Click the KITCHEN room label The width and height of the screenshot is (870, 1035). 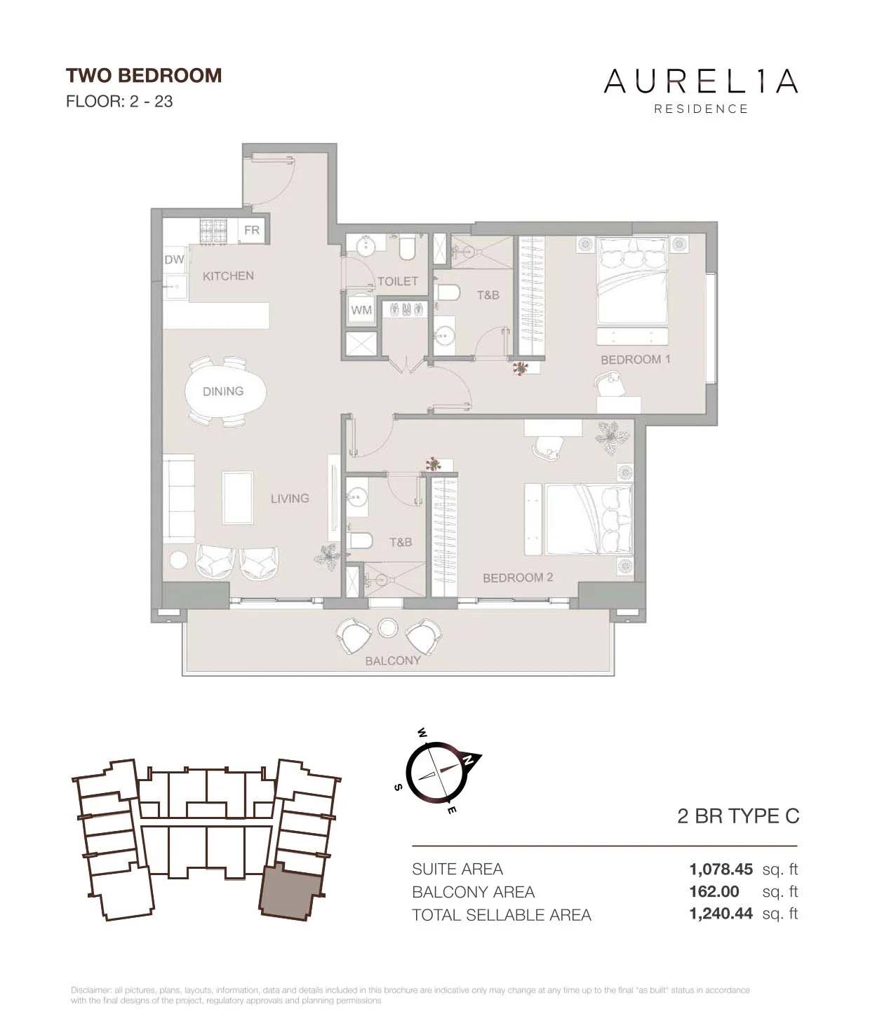[228, 276]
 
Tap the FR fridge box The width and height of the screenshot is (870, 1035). [252, 231]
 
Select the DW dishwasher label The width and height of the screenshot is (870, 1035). [174, 259]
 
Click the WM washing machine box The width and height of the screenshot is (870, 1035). [362, 309]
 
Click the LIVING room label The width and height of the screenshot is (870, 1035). [290, 498]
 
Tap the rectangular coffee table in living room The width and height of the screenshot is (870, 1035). [238, 497]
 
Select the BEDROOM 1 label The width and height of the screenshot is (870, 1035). [636, 359]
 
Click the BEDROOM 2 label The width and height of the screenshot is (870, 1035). [518, 577]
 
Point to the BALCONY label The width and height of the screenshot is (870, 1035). [393, 660]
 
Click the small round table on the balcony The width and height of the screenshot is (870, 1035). [388, 626]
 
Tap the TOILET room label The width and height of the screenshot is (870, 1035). [398, 280]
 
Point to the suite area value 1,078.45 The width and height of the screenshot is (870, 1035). [721, 870]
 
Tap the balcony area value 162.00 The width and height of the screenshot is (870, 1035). [714, 892]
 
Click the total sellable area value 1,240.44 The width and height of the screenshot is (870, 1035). [721, 914]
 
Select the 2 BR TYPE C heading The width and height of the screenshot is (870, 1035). [738, 816]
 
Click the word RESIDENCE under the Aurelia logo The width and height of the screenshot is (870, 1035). [701, 109]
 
